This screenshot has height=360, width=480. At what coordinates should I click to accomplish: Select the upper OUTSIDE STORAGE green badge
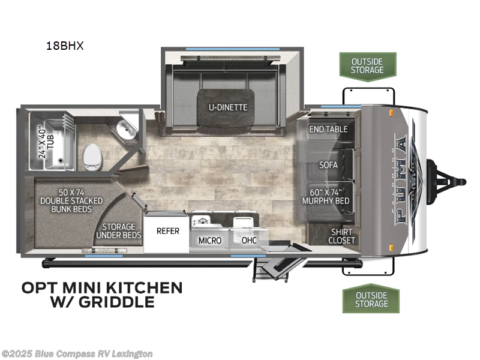368,65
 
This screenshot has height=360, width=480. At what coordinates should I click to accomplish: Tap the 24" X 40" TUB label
42,141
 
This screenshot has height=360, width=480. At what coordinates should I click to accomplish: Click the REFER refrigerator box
168,230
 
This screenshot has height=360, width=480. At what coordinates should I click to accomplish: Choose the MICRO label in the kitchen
209,240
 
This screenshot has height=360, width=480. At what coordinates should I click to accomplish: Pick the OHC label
249,240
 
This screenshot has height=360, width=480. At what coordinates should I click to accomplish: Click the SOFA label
328,164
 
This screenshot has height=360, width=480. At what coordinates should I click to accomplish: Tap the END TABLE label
328,129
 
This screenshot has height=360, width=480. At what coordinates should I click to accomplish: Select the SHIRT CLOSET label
341,236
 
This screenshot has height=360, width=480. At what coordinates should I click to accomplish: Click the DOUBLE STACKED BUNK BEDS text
71,200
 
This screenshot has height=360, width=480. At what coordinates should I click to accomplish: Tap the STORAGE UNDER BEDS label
118,230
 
